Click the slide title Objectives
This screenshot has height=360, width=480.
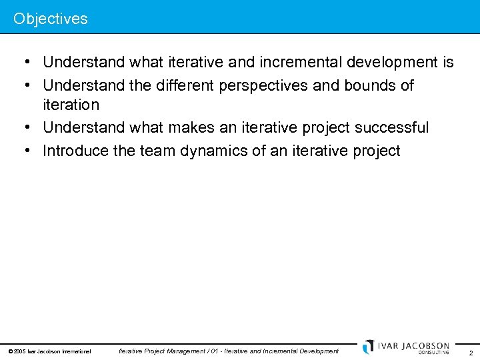(x=51, y=19)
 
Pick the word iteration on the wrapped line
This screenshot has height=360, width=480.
(x=71, y=105)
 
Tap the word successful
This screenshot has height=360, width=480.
(x=391, y=127)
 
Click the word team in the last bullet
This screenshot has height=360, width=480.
(x=155, y=151)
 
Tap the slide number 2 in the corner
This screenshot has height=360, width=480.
(x=471, y=353)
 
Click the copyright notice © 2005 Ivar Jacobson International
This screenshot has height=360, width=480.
(x=49, y=351)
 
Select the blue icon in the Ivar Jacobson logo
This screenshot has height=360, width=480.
(x=369, y=347)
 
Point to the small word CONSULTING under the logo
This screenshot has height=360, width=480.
(x=434, y=353)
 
